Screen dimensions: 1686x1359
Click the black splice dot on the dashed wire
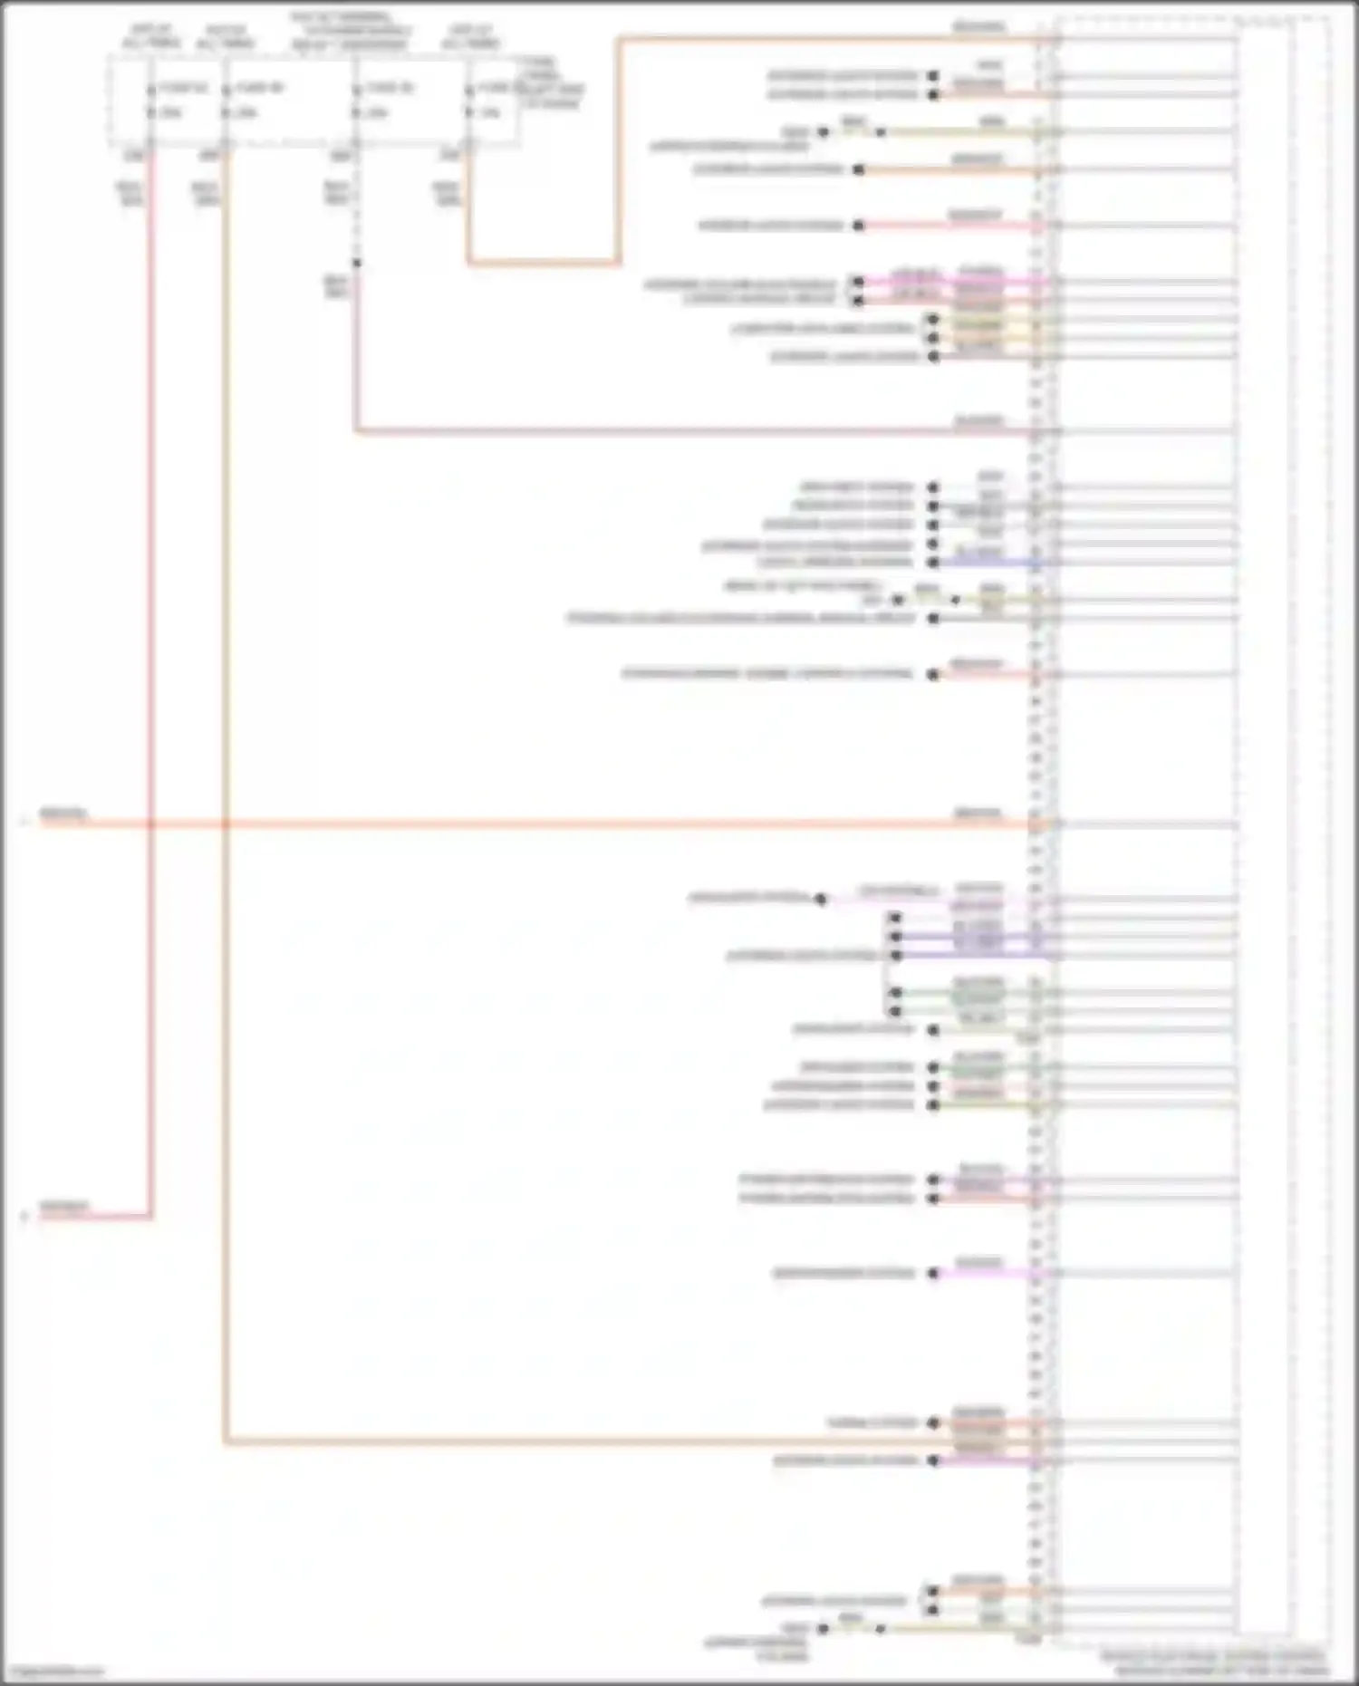coord(357,263)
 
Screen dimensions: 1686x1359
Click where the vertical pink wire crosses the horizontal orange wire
coord(150,824)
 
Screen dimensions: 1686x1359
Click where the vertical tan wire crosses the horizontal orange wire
coord(225,824)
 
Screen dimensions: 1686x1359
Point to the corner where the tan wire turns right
coord(225,1441)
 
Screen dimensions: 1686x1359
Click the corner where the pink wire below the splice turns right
coord(356,431)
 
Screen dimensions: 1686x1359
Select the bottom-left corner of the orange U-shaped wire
coord(469,264)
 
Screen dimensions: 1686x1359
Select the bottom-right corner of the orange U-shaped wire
coord(619,264)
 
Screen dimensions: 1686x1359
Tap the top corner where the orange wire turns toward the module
coord(619,39)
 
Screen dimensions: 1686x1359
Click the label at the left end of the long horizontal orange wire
coord(63,814)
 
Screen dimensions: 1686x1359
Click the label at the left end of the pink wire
coord(63,1207)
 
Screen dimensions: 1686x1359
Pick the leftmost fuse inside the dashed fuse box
coord(150,101)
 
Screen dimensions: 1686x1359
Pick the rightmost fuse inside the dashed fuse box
coord(469,101)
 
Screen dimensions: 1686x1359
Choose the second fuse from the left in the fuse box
coord(225,101)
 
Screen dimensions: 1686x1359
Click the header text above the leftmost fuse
coord(150,36)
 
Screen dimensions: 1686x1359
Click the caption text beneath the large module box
coord(1214,1663)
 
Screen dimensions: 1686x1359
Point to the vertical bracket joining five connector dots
coord(884,965)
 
